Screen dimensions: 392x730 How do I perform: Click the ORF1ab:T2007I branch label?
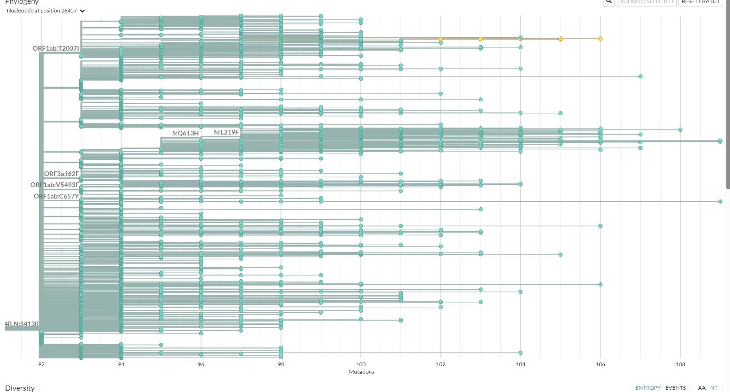click(x=56, y=48)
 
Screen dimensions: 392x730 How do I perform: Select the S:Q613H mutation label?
click(x=185, y=133)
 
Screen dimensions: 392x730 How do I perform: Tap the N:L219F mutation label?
click(x=226, y=132)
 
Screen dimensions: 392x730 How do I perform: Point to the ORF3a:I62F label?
click(x=61, y=174)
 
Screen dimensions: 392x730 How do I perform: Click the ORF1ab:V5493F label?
click(x=55, y=185)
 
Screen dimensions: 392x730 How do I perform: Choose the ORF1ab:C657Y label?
click(x=56, y=196)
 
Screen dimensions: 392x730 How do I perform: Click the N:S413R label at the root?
click(x=22, y=324)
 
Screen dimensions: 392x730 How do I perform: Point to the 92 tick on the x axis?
click(x=41, y=364)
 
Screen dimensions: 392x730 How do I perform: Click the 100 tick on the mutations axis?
click(x=361, y=364)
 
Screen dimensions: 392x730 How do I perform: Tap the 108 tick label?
click(x=680, y=364)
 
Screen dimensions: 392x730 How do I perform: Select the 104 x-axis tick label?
click(x=521, y=364)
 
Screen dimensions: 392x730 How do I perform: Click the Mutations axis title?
click(x=361, y=372)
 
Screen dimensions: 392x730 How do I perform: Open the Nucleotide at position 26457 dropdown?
click(x=46, y=11)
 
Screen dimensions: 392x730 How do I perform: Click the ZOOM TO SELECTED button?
click(x=646, y=2)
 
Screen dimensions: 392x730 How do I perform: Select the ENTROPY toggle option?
click(x=648, y=388)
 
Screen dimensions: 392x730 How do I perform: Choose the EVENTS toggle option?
click(x=675, y=388)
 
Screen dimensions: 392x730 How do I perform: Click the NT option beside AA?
click(x=713, y=388)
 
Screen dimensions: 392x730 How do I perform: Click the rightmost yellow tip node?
click(x=600, y=39)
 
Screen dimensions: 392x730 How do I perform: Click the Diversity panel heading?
click(x=20, y=388)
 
